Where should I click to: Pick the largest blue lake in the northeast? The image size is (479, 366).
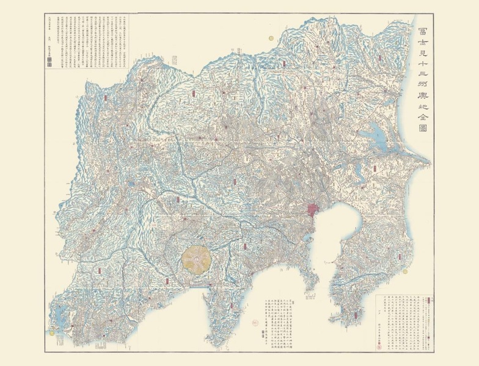pyautogui.click(x=371, y=130)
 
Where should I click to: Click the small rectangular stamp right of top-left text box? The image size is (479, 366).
pyautogui.click(x=174, y=60)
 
